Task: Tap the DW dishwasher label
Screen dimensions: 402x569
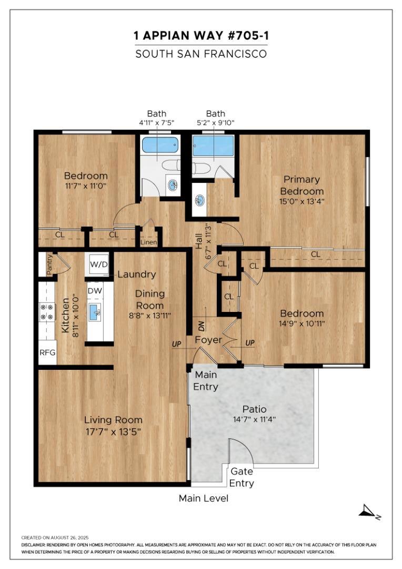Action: click(x=95, y=291)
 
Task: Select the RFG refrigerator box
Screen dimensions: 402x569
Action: click(x=47, y=352)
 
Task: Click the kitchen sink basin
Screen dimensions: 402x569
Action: click(x=95, y=312)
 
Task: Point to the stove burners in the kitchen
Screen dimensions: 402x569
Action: click(x=47, y=312)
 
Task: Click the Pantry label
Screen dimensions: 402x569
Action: click(x=49, y=265)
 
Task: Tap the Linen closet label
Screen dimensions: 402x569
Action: click(x=148, y=242)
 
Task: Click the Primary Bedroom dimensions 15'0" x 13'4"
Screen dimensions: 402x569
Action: click(x=301, y=201)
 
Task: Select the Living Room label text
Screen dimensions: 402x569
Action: click(x=113, y=420)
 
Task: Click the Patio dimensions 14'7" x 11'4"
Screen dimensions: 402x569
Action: click(x=255, y=419)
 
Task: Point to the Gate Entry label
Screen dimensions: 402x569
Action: click(x=242, y=477)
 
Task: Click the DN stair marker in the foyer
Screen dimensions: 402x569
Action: click(x=202, y=326)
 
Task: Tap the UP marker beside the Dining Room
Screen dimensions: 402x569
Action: click(x=176, y=344)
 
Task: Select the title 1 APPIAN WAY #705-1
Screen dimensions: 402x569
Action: click(x=201, y=36)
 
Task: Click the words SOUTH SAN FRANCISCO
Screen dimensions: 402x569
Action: click(x=201, y=54)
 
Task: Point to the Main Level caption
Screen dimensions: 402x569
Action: click(x=203, y=498)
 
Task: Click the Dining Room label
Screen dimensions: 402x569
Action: click(x=150, y=299)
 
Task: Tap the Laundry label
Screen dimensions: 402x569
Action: click(x=137, y=274)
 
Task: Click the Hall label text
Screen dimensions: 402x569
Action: click(x=199, y=242)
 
